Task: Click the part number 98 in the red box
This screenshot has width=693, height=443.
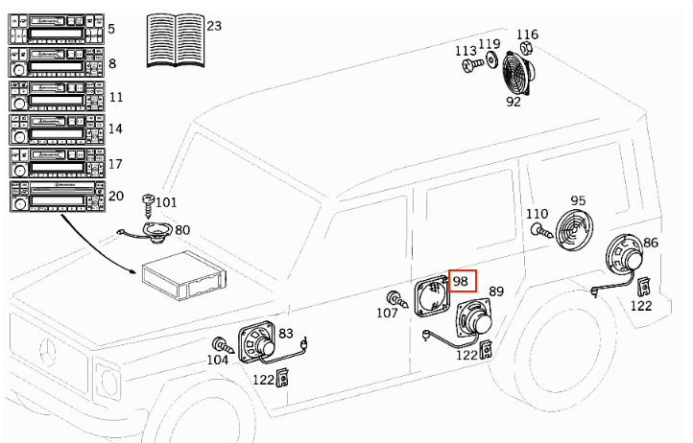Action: pyautogui.click(x=461, y=281)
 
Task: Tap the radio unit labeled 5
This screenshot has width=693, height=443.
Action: pyautogui.click(x=54, y=31)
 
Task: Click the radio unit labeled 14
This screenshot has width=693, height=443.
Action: pyautogui.click(x=54, y=129)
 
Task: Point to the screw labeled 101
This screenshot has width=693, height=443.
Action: pyautogui.click(x=148, y=203)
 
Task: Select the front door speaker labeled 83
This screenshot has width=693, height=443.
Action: pyautogui.click(x=258, y=339)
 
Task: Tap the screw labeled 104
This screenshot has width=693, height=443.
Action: pyautogui.click(x=221, y=346)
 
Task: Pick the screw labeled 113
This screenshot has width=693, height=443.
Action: pyautogui.click(x=468, y=65)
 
